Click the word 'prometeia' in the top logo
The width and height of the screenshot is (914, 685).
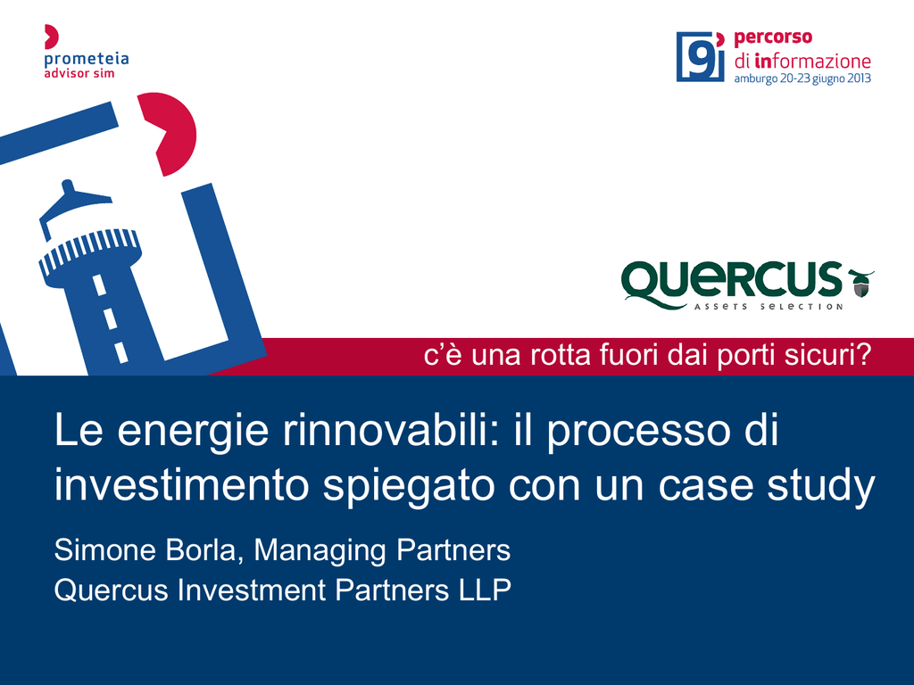pyautogui.click(x=87, y=60)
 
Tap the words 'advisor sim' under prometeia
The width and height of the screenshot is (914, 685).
pyautogui.click(x=79, y=73)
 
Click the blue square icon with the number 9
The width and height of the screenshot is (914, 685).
pyautogui.click(x=700, y=56)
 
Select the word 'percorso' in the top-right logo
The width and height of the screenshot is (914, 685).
pyautogui.click(x=773, y=37)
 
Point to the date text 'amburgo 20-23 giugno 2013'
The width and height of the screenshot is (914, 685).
pyautogui.click(x=802, y=78)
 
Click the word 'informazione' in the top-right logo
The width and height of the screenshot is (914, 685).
pyautogui.click(x=812, y=61)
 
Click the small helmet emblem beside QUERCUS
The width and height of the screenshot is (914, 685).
pyautogui.click(x=861, y=283)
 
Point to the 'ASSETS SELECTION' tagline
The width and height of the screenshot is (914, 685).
pyautogui.click(x=769, y=307)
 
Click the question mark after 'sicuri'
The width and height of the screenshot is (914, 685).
pyautogui.click(x=864, y=354)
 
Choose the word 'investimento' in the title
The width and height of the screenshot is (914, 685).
pyautogui.click(x=181, y=484)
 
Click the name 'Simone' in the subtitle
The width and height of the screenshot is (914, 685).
pyautogui.click(x=105, y=549)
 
